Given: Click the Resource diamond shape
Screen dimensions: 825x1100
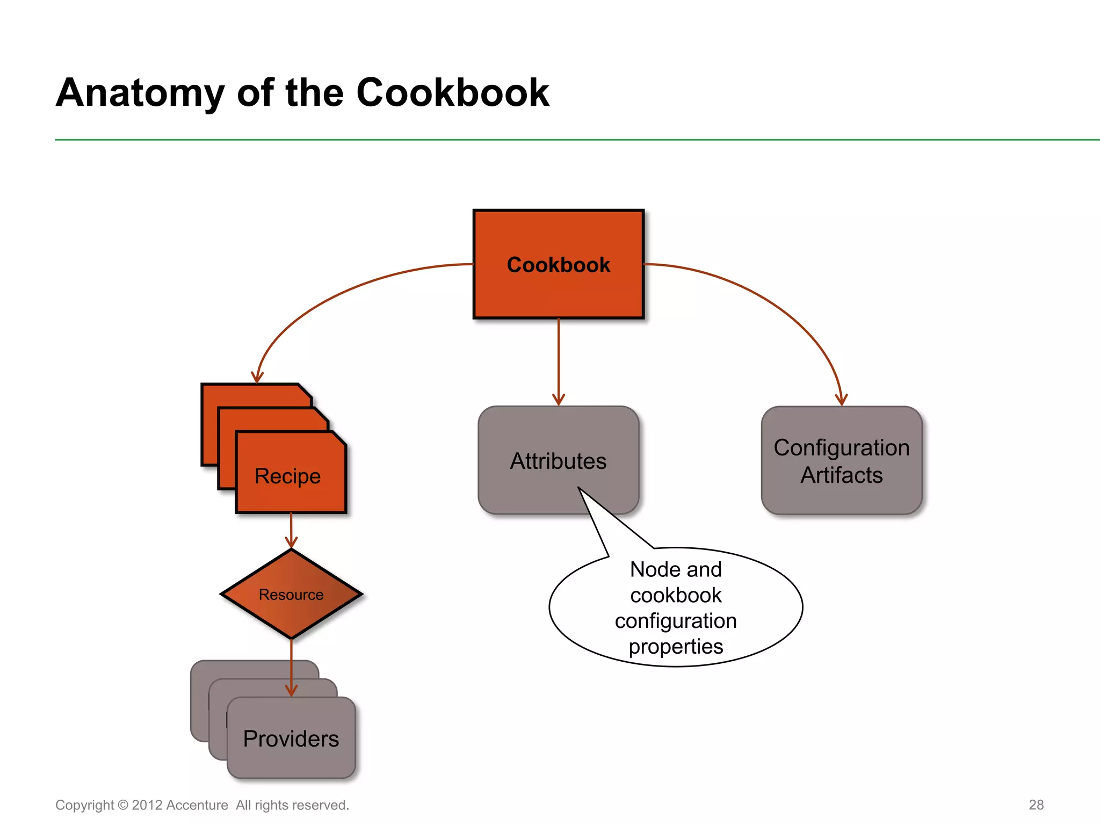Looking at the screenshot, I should click(x=291, y=594).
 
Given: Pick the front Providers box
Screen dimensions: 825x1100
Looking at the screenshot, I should click(x=291, y=739).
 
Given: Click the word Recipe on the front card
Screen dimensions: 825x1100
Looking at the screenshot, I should click(x=287, y=476).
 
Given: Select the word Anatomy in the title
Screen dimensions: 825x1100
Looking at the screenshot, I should click(x=140, y=93).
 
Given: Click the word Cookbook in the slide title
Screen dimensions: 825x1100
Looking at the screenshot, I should click(x=452, y=93).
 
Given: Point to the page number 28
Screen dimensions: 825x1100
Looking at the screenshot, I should click(x=1036, y=805).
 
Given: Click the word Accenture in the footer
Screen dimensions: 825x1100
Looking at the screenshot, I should click(x=197, y=805).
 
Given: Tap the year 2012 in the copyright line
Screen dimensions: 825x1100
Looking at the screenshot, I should click(x=147, y=805).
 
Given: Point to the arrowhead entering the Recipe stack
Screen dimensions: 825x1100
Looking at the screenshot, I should click(x=257, y=377).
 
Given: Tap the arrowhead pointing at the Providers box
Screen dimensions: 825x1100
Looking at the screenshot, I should click(x=291, y=691).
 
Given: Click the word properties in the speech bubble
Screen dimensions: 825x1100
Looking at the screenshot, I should click(x=676, y=647).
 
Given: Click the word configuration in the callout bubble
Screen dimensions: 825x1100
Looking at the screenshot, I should click(x=676, y=621).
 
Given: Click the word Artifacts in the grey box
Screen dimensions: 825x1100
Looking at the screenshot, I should click(x=841, y=475).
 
